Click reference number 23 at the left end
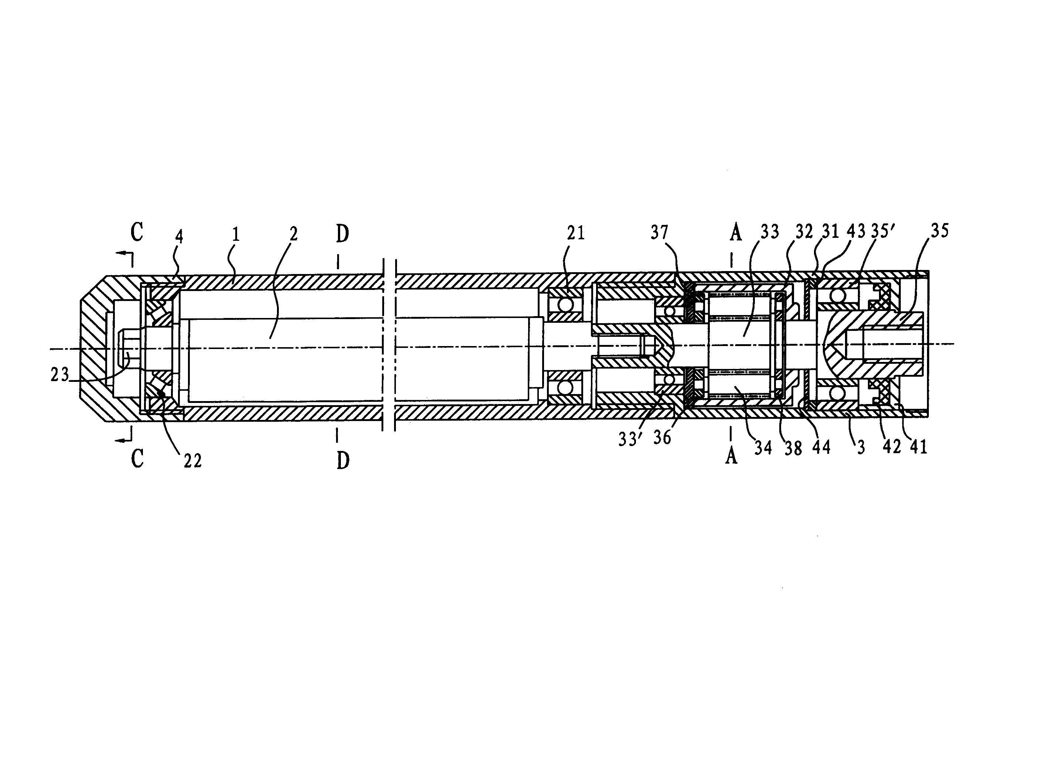pyautogui.click(x=60, y=375)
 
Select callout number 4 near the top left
pyautogui.click(x=179, y=236)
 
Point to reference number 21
pyautogui.click(x=575, y=233)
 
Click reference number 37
pyautogui.click(x=660, y=232)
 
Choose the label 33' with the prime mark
pyautogui.click(x=631, y=439)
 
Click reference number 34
pyautogui.click(x=763, y=447)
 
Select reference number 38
pyautogui.click(x=793, y=448)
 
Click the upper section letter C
pyautogui.click(x=137, y=232)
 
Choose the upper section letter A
pyautogui.click(x=736, y=232)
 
